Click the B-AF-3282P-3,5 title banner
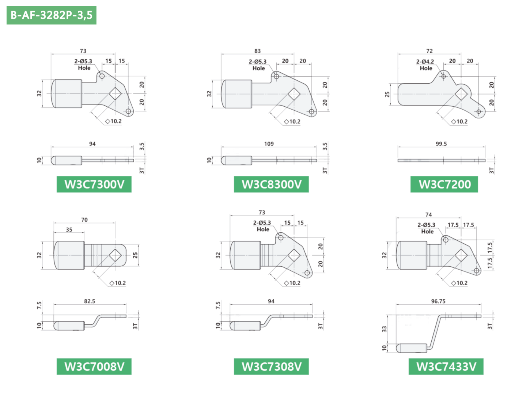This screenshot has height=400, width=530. point(51,15)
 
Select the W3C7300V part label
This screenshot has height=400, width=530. point(94,184)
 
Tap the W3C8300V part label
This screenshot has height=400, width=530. point(271,184)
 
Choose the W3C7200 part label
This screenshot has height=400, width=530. point(444,184)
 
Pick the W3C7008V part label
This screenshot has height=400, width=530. point(94,366)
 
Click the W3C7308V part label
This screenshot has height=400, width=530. point(271,366)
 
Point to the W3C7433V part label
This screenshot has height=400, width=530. point(446,366)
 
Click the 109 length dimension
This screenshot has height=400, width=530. point(269,144)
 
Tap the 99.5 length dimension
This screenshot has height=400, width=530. point(441,144)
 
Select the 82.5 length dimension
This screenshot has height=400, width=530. point(90,301)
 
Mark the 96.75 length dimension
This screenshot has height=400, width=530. point(438,301)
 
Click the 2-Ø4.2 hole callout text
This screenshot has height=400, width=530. point(425,61)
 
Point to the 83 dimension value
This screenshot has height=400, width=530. point(257,51)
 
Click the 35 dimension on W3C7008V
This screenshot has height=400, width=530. point(69,230)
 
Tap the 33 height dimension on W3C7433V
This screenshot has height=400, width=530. point(384,329)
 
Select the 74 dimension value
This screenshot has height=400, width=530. point(428,214)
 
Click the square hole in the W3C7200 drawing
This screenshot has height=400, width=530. point(461,94)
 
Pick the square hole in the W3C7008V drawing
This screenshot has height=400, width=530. point(115,255)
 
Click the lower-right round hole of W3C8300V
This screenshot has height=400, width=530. point(311,111)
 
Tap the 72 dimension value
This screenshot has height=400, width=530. point(429,51)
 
